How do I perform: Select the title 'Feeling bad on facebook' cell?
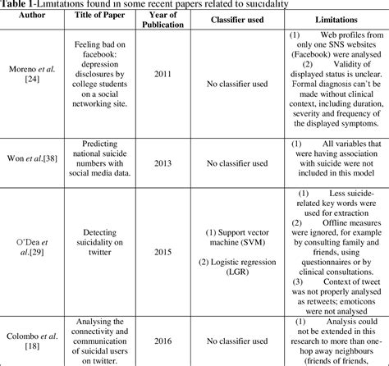pyautogui.click(x=96, y=96)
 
